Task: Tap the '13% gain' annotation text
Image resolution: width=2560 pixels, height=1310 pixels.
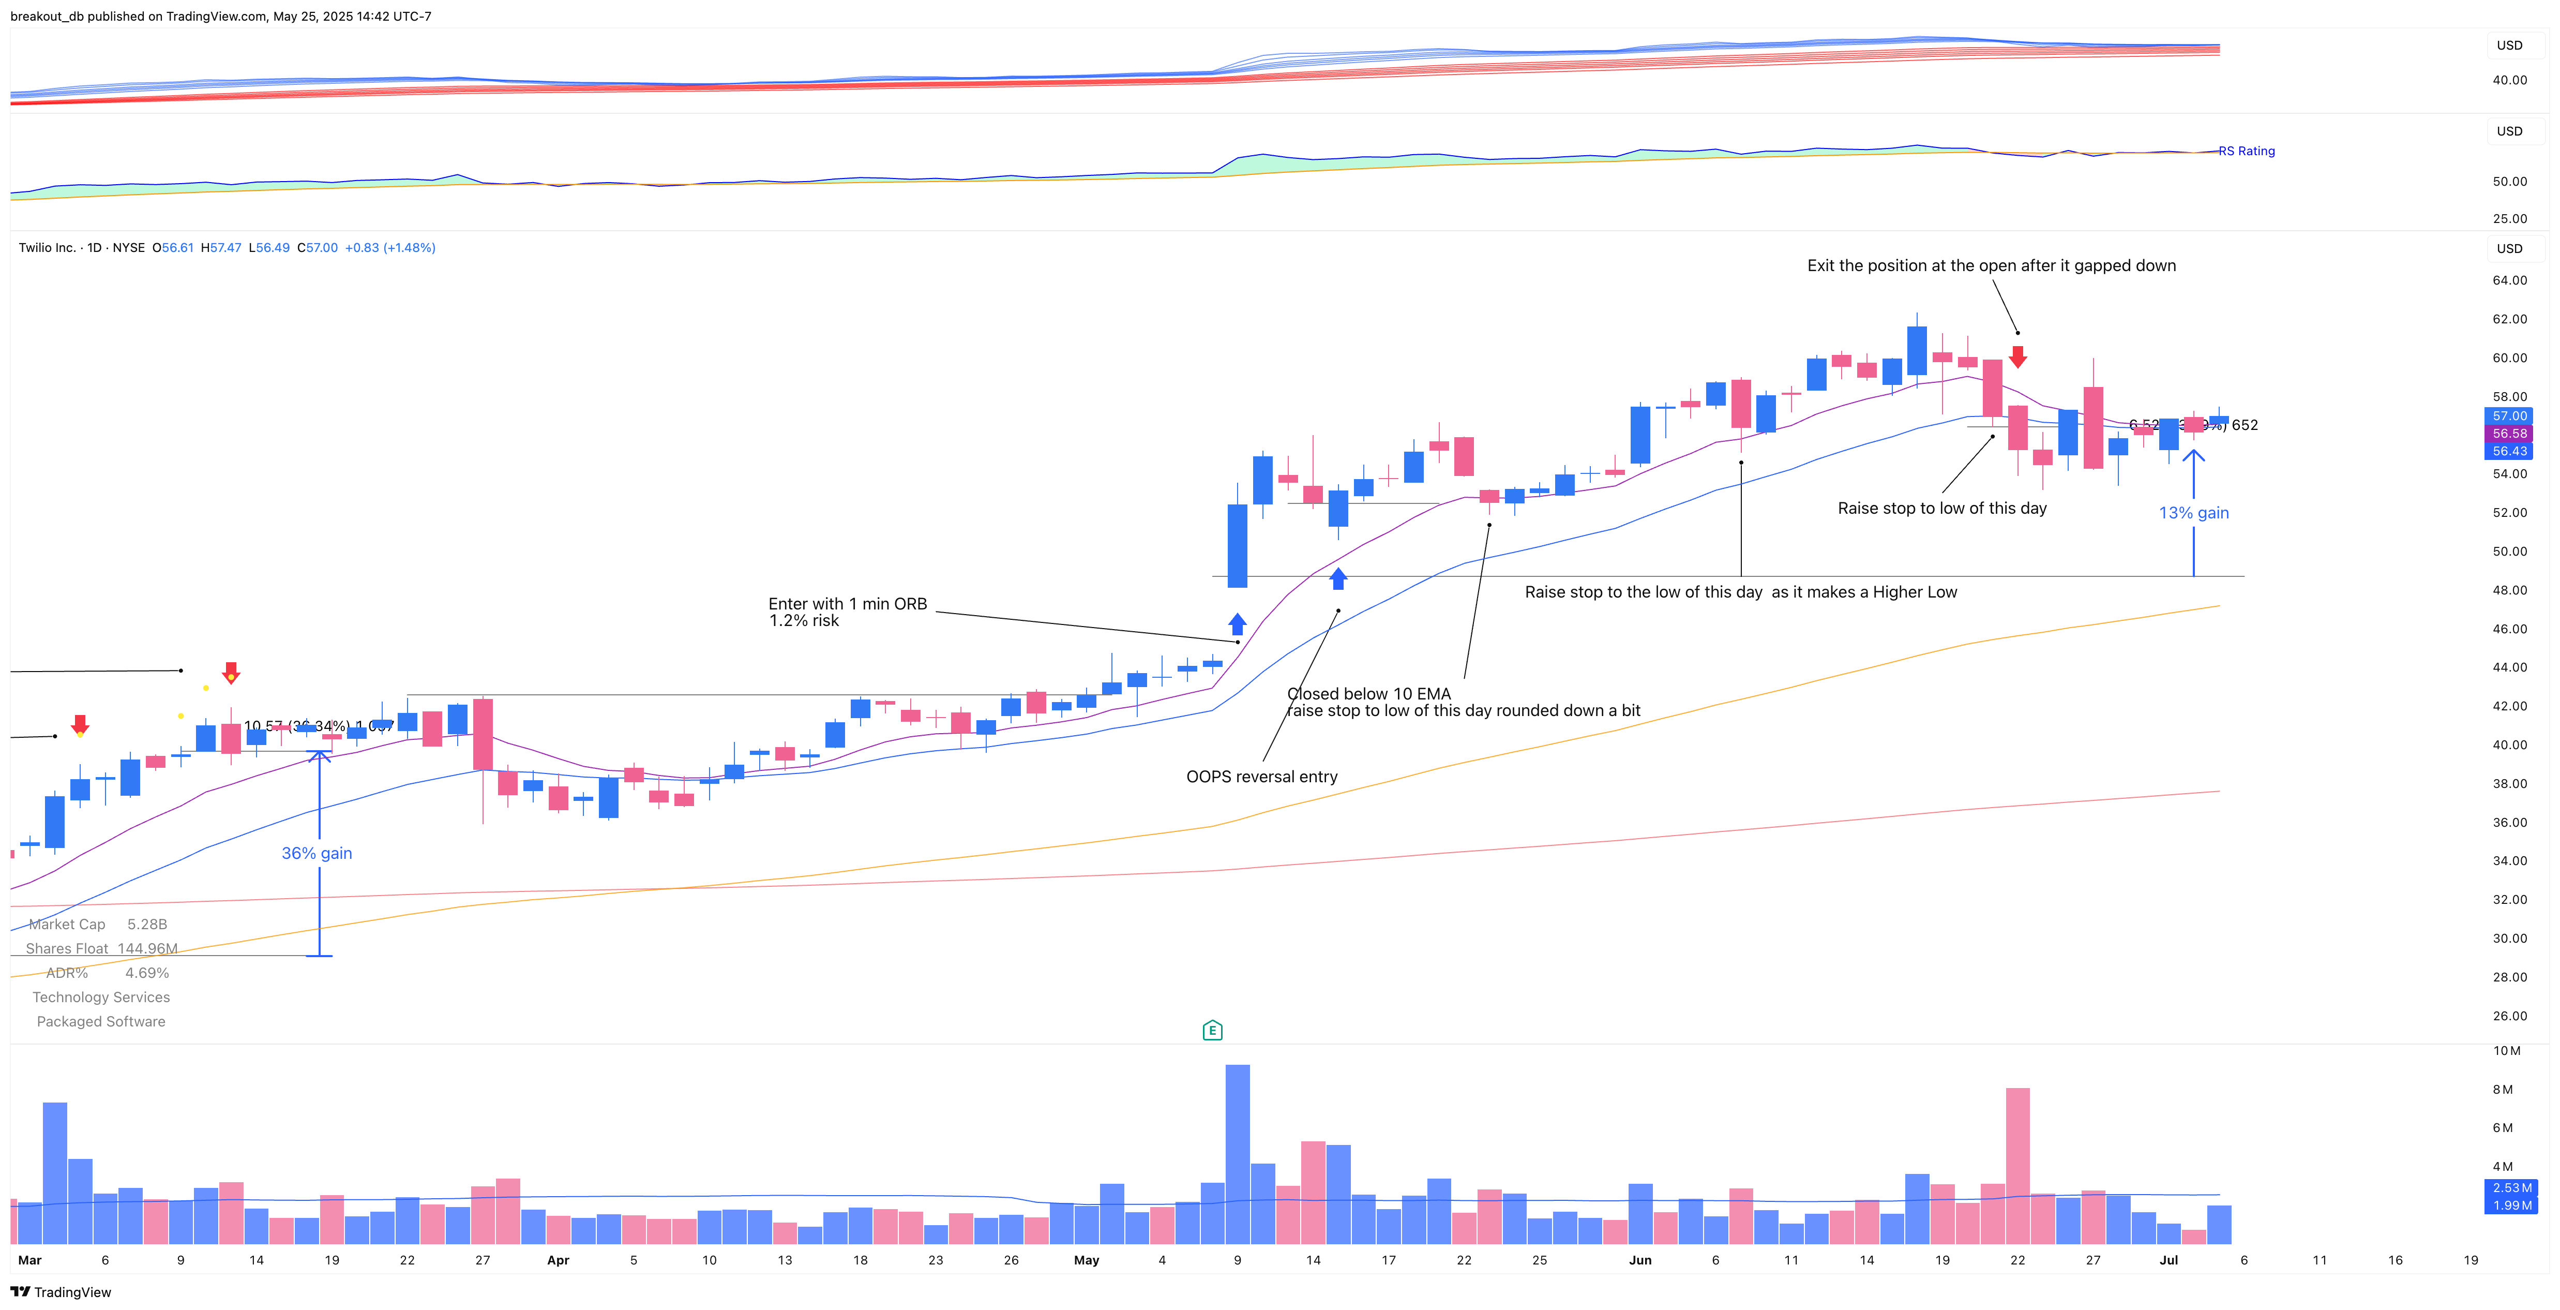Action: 2193,513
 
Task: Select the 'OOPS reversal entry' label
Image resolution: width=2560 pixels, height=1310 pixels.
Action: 1261,776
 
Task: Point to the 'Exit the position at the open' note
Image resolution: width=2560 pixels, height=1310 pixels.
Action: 1991,265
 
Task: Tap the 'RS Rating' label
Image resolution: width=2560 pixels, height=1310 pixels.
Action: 2247,151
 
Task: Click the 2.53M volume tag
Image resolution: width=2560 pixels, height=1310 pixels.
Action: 2511,1188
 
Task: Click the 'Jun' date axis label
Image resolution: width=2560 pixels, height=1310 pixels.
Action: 1640,1260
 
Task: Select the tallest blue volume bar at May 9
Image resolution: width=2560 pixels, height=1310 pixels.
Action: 1237,1153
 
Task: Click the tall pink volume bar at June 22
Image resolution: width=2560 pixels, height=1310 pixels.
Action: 2017,1165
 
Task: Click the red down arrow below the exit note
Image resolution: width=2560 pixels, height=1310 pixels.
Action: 2017,356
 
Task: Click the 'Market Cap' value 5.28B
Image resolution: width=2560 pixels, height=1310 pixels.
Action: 147,925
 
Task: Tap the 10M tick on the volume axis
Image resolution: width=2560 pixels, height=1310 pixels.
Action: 2506,1051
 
